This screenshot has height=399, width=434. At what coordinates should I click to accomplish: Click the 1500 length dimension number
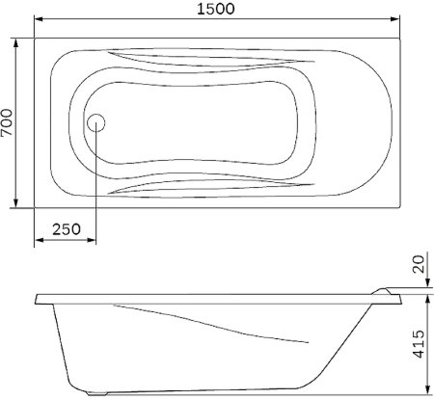click(218, 9)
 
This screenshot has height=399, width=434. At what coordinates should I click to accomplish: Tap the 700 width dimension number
click(8, 122)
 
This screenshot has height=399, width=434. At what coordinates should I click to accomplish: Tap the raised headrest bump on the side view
click(382, 289)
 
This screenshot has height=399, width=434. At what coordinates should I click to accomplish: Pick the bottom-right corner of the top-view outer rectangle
click(400, 207)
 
